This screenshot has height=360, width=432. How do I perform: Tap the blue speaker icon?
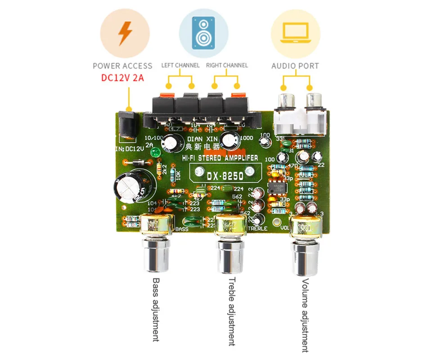click(x=203, y=33)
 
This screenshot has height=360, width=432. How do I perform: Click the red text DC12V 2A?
click(x=122, y=77)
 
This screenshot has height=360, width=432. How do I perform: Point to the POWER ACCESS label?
click(x=122, y=66)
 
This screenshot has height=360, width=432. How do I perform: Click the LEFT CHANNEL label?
click(x=180, y=65)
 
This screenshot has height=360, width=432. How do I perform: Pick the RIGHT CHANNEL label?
click(x=227, y=65)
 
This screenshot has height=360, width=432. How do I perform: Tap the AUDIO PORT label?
click(x=295, y=66)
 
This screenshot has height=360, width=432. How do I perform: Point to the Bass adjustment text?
click(x=156, y=310)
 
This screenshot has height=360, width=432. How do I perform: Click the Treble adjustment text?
click(x=231, y=311)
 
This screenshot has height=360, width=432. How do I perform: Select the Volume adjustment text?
click(x=305, y=315)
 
